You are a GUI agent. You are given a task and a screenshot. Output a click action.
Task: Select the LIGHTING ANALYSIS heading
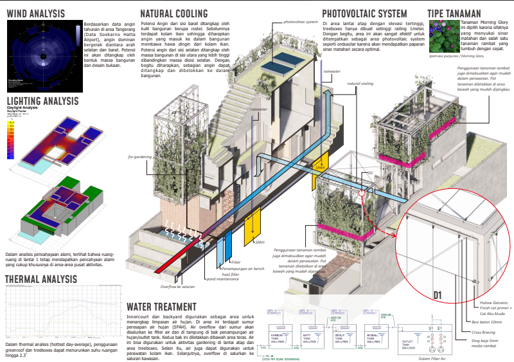click(x=42, y=101)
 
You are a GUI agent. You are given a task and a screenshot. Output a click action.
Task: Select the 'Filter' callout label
click(x=236, y=262)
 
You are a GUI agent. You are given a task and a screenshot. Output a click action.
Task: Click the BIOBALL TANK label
click(x=373, y=338)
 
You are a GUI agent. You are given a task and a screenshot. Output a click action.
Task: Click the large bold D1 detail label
click(x=440, y=295)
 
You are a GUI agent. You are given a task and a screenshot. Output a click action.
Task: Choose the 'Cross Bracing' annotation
click(x=481, y=332)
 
